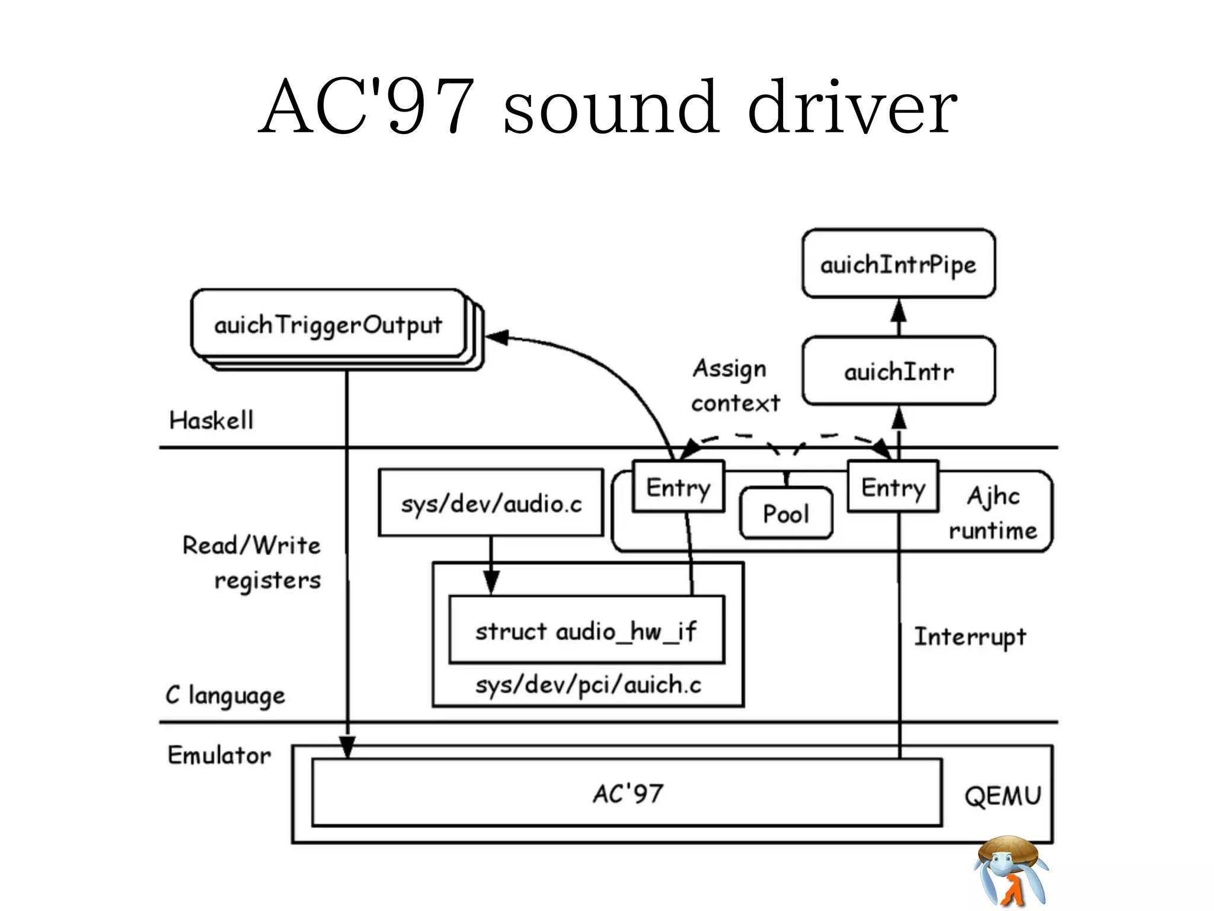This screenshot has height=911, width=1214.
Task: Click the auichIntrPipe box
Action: point(898,264)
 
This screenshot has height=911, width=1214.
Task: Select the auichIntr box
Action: point(898,371)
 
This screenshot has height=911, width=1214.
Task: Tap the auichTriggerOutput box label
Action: point(328,324)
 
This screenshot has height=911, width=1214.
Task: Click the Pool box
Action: point(785,513)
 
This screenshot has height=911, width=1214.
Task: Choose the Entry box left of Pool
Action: point(678,487)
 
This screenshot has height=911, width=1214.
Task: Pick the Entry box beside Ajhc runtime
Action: point(893,487)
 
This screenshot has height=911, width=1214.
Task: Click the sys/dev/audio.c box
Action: point(491,504)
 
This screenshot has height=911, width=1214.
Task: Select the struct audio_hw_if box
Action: point(586,630)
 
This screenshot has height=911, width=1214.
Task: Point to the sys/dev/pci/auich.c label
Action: point(588,685)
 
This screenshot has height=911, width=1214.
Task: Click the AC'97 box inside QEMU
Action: point(627,793)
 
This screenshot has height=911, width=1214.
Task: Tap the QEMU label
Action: point(1002,795)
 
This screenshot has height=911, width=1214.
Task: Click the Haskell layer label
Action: point(211,420)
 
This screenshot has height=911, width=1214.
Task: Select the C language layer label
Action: point(225,695)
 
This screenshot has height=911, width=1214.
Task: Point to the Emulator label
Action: point(219,755)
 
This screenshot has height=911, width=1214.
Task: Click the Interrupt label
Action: point(970,636)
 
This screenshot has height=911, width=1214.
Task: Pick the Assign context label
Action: point(735,386)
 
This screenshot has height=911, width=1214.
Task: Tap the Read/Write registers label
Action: point(252,562)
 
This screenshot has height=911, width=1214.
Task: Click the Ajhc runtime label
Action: point(993,512)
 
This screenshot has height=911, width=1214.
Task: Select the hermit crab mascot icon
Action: point(1011,872)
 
